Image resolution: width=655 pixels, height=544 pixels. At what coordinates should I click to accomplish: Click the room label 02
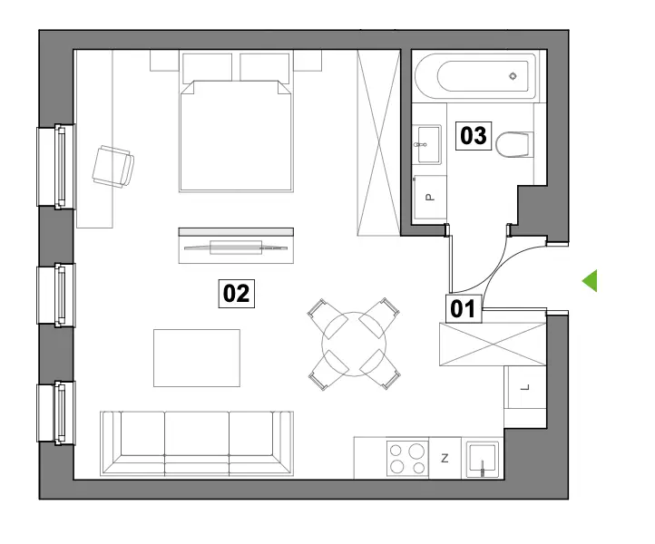237,294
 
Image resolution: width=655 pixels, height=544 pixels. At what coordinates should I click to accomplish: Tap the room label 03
474,136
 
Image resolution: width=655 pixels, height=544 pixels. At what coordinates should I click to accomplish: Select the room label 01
464,309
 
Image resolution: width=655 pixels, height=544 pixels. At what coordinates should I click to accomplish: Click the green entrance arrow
590,280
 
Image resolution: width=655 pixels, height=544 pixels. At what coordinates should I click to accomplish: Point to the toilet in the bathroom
514,144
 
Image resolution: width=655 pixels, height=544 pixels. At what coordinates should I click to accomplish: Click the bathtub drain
513,76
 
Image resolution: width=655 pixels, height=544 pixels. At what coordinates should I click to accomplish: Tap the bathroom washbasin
426,144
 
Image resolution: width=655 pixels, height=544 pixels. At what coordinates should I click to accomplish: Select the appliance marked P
429,198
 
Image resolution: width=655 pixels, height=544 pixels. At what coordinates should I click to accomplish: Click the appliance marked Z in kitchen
445,458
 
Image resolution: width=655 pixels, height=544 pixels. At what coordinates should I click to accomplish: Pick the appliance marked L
525,387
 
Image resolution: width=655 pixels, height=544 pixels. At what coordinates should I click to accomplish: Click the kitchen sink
483,460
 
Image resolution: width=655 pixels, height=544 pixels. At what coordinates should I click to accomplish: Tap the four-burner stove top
407,458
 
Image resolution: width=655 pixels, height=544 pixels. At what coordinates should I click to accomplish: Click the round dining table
354,344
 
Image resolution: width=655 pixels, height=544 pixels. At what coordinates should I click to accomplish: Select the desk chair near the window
112,167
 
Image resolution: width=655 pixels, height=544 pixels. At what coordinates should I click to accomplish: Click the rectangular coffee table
197,358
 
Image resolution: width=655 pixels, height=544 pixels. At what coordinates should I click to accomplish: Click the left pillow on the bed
207,67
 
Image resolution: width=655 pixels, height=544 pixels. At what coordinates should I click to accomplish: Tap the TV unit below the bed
236,246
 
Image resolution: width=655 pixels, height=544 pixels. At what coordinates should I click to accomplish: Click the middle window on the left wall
56,295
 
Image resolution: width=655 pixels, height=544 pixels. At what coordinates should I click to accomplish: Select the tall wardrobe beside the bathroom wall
378,142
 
